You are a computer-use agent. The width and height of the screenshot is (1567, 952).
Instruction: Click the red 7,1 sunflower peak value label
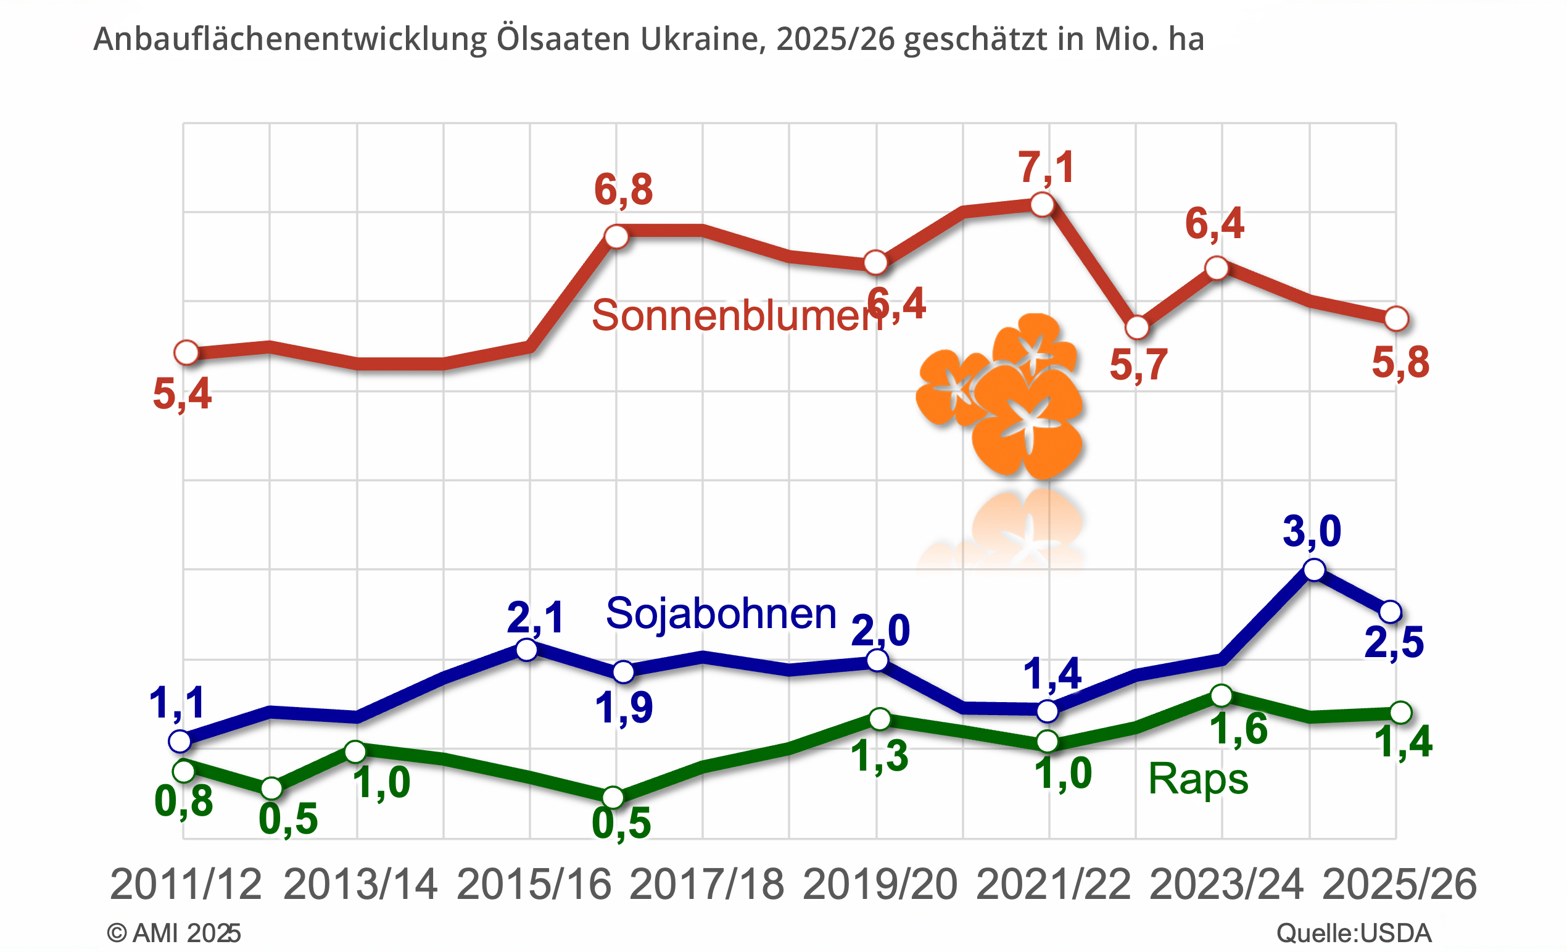pyautogui.click(x=1046, y=167)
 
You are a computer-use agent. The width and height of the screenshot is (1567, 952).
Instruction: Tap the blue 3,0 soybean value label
pyautogui.click(x=1312, y=531)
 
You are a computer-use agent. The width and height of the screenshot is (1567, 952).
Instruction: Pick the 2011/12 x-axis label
pyautogui.click(x=185, y=885)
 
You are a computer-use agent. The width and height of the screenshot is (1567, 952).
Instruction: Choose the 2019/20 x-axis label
pyautogui.click(x=880, y=885)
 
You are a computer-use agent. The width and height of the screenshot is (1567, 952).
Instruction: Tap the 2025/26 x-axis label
pyautogui.click(x=1399, y=885)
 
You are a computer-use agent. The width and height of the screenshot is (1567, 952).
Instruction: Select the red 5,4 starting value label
pyautogui.click(x=182, y=394)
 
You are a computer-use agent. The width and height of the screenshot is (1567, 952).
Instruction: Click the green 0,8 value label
pyautogui.click(x=183, y=801)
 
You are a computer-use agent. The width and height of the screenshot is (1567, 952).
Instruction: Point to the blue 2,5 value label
pyautogui.click(x=1394, y=642)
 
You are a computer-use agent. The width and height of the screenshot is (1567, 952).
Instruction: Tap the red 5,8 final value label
pyautogui.click(x=1400, y=363)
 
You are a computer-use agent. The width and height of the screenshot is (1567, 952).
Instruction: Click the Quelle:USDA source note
pyautogui.click(x=1354, y=933)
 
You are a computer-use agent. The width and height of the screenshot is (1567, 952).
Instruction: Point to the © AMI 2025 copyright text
pyautogui.click(x=173, y=933)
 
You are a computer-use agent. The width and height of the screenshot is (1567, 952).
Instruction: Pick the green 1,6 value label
pyautogui.click(x=1238, y=729)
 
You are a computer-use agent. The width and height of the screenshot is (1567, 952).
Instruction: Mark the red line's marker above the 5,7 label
pyautogui.click(x=1137, y=328)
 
